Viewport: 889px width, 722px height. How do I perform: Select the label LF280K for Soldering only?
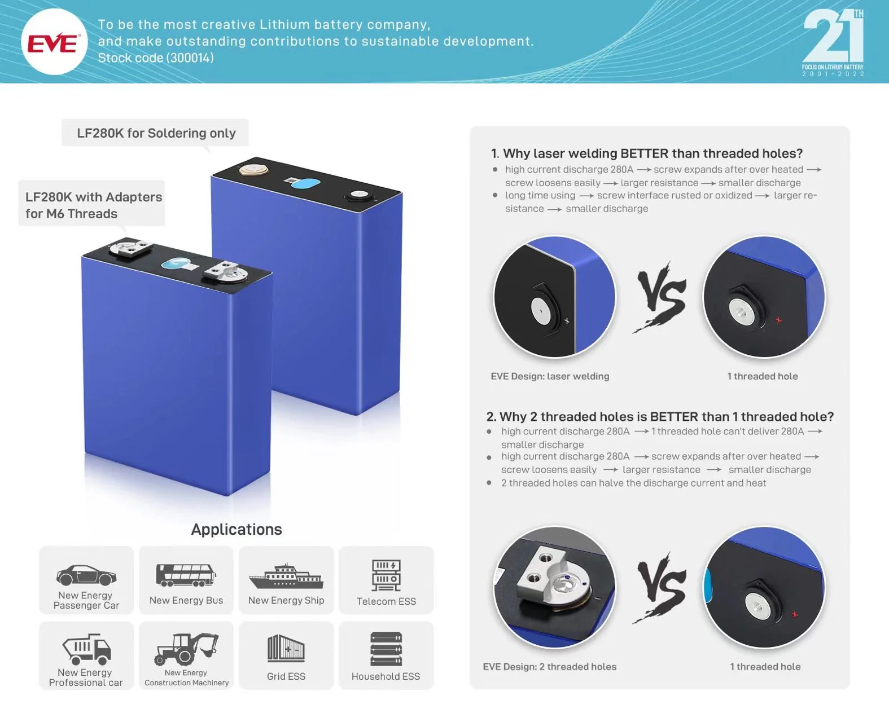coord(156,133)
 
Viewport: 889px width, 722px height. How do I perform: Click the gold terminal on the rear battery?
coord(251,170)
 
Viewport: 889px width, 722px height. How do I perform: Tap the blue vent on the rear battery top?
coord(305,183)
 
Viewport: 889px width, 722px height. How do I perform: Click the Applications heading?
coord(237,529)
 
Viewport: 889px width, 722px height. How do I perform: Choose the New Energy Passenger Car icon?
coord(86,575)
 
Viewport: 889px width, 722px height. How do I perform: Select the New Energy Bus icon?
coord(186,575)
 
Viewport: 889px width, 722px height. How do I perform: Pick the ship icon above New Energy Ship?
coord(286,575)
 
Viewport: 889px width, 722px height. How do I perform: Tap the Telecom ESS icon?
coord(386,575)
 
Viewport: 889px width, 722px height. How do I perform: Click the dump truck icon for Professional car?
coord(87,649)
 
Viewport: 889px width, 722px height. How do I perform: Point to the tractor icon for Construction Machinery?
coord(186,649)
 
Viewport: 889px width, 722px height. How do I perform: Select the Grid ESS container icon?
coord(286,649)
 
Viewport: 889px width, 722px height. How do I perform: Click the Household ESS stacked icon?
coord(386,649)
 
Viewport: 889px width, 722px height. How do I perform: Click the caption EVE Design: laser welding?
coord(550,376)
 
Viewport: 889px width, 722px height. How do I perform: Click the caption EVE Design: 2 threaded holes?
coord(550,667)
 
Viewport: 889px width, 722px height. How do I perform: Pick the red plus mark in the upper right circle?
coord(778,320)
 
